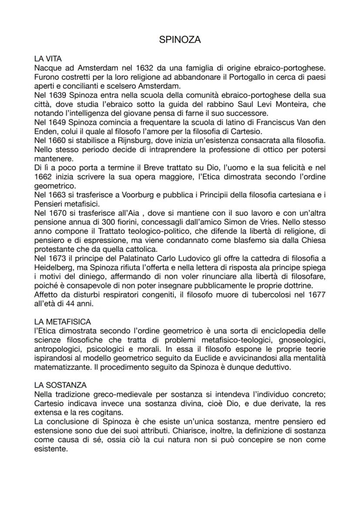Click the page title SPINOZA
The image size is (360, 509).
point(180,40)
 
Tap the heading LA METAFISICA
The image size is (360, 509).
point(63,322)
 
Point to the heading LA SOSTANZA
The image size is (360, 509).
point(60,385)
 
